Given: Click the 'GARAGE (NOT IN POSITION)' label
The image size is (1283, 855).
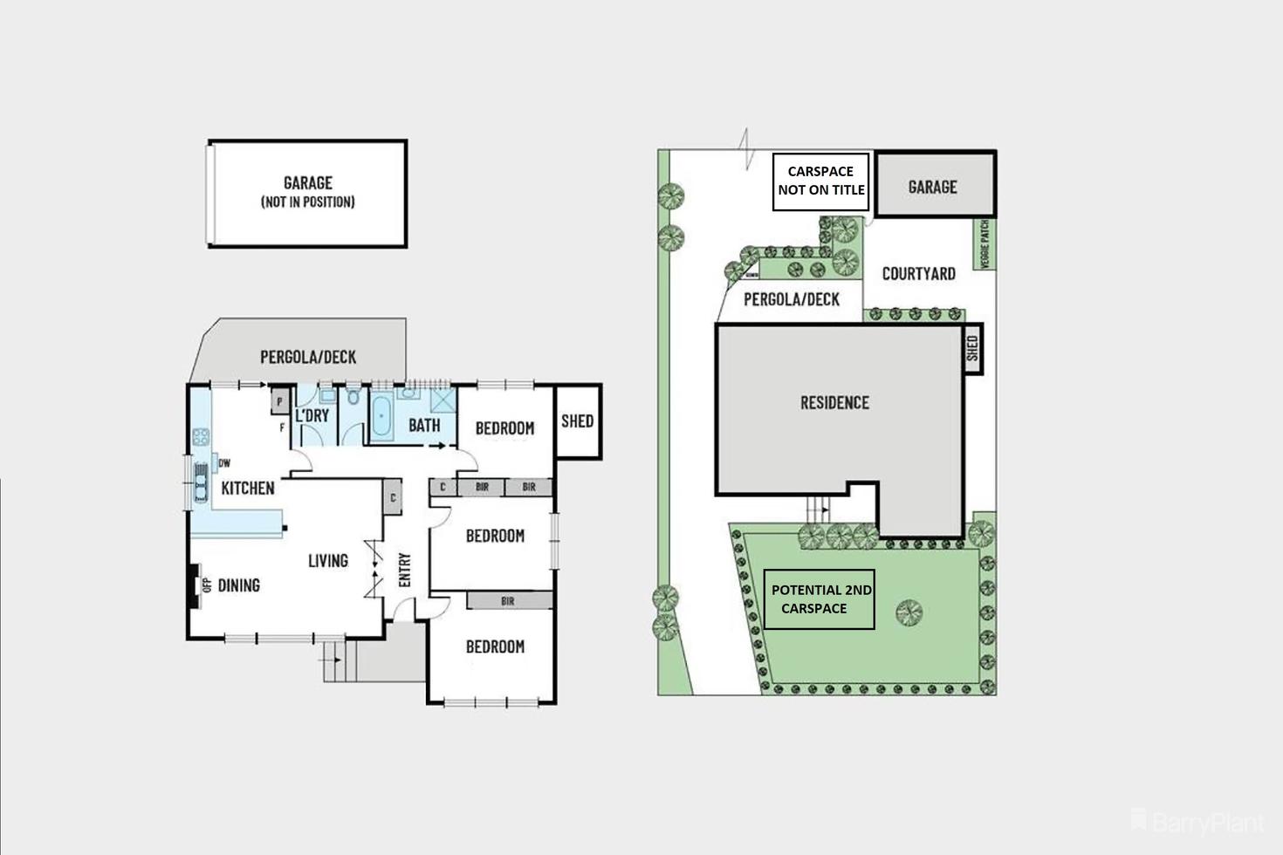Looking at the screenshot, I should (x=307, y=192).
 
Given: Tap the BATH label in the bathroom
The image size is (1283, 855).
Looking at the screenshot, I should (x=424, y=426).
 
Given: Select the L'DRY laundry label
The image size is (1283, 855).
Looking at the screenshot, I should (x=312, y=415).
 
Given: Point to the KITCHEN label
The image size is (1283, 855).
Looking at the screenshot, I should (x=247, y=488).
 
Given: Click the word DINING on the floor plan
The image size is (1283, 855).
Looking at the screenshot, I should (x=238, y=585).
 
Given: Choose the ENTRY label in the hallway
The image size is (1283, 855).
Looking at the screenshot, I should (x=405, y=570).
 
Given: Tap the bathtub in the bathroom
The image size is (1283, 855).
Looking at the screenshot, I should (x=382, y=417).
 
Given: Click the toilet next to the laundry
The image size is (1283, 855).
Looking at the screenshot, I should (x=353, y=398).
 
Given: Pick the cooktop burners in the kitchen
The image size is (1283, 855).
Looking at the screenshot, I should (x=201, y=435).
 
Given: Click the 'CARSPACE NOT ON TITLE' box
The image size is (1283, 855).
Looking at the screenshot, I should (x=820, y=181).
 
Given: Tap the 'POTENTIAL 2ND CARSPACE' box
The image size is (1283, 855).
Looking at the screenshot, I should (x=819, y=599).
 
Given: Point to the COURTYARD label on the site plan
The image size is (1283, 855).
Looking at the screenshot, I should (x=918, y=274).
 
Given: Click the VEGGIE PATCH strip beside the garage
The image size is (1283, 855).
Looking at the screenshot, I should (x=985, y=243).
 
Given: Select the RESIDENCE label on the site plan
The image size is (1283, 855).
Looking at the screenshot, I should (x=834, y=403).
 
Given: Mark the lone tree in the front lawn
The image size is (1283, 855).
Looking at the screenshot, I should (x=909, y=612).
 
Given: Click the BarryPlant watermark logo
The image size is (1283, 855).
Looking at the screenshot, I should (x=1197, y=822).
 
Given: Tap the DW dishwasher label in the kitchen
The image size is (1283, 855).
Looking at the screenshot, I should (x=224, y=463).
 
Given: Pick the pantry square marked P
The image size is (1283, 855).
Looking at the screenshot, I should (x=279, y=400).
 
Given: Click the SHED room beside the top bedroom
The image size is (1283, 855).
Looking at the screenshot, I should (x=577, y=421).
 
